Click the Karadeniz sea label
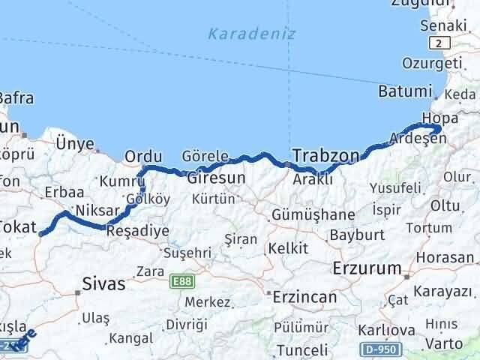(x=252, y=33)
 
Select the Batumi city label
(x=406, y=91)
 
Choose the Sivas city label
(x=103, y=285)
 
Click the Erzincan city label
(x=304, y=296)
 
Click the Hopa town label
(x=439, y=118)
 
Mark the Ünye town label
(x=75, y=144)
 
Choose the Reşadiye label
(x=138, y=231)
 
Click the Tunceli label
(x=301, y=350)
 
